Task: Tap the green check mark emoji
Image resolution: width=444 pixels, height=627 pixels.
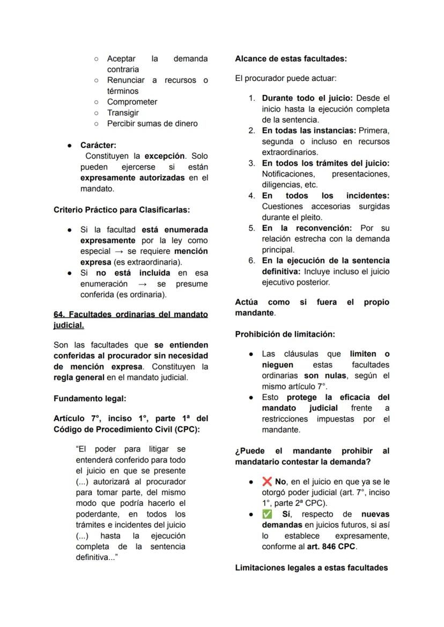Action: pos(267,514)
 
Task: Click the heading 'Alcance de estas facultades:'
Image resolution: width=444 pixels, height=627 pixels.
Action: pos(291,59)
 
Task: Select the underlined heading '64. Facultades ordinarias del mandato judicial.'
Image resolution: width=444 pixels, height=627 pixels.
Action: pos(130,320)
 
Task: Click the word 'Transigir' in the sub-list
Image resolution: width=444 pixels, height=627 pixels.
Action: pos(123,113)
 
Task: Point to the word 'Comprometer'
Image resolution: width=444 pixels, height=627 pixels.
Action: pos(132,102)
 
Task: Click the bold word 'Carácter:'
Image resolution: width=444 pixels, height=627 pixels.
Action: pos(98,145)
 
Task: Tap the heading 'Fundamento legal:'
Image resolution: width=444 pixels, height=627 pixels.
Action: pos(90,399)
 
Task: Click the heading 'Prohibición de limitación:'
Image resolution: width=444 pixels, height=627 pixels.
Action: pos(285,334)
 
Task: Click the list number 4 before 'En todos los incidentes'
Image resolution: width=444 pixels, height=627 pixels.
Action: pos(251,196)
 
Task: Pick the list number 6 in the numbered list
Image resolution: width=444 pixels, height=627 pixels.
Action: pos(251,261)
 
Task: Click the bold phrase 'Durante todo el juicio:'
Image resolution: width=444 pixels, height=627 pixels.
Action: pos(307,98)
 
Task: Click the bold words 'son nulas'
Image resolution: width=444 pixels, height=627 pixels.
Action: pos(324,375)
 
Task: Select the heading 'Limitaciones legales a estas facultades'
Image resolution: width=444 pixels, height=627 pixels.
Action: pos(312,567)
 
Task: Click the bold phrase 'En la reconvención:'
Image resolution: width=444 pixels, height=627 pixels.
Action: pos(307,228)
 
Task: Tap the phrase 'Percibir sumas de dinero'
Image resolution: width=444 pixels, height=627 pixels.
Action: pos(152,123)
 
